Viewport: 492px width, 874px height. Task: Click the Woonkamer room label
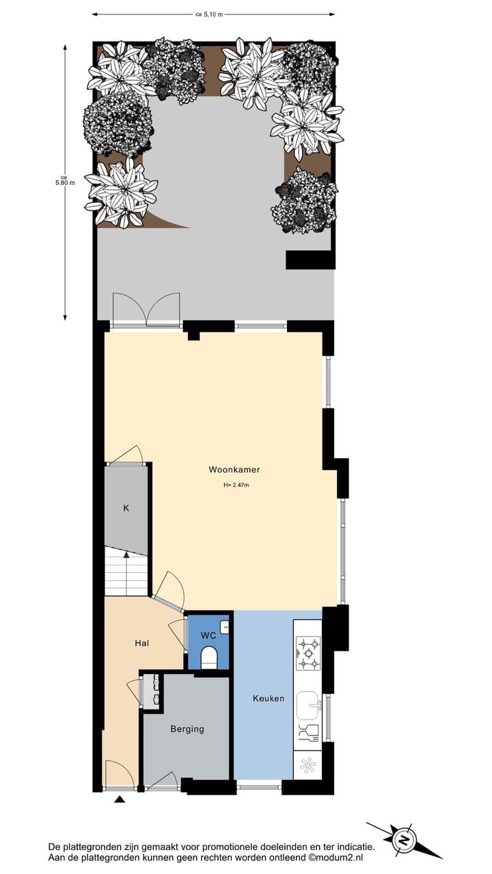(234, 470)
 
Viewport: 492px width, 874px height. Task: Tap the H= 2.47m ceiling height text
(236, 485)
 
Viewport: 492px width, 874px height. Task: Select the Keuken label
(268, 699)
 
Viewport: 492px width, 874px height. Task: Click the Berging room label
(187, 729)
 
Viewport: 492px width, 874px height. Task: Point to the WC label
(208, 635)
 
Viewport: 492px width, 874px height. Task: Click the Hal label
(142, 643)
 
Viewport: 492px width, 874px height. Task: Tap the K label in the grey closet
(126, 508)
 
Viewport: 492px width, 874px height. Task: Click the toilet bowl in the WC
(209, 658)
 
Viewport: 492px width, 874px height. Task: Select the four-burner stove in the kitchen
(307, 653)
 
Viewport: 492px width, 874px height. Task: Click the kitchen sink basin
(307, 703)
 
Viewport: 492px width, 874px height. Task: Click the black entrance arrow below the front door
(120, 800)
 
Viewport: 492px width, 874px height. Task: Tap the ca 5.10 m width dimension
(210, 14)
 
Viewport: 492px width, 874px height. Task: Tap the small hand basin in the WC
(224, 626)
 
